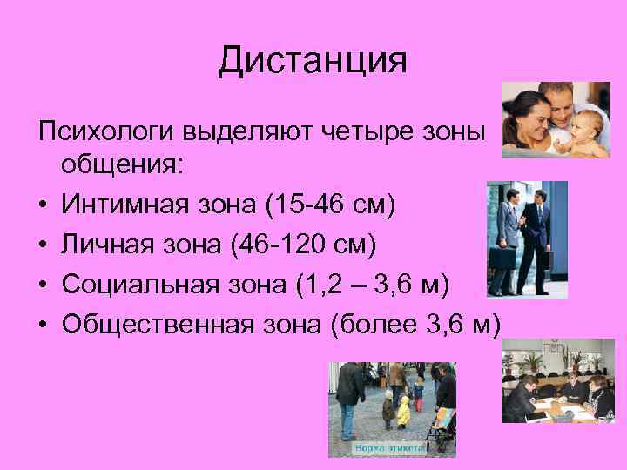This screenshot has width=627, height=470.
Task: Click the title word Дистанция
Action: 313,61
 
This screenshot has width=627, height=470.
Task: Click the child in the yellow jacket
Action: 403,410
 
